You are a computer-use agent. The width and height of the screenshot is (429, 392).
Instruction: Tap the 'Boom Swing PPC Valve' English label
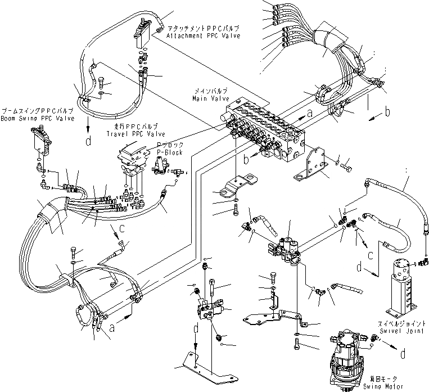pyautogui.click(x=28, y=118)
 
